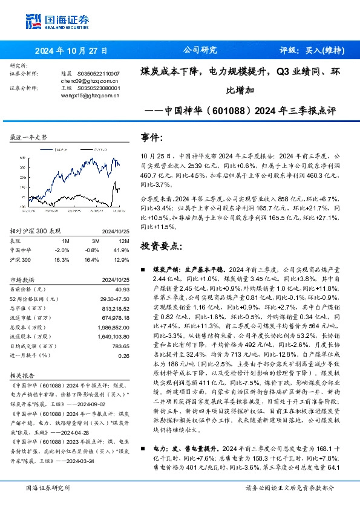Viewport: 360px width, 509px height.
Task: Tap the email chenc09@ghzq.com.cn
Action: (82, 80)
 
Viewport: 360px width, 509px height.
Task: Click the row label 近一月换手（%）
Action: (30, 355)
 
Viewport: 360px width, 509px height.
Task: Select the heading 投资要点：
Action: (160, 246)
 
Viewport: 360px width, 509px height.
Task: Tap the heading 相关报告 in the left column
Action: (22, 375)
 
